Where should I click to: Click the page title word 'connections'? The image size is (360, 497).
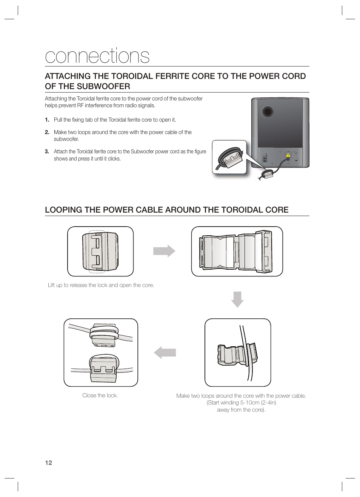coord(97,56)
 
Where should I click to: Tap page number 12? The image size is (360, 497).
coord(48,463)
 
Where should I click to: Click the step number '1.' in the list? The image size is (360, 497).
coord(47,120)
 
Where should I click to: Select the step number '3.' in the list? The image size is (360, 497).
coord(47,151)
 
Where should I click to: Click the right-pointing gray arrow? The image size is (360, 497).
coord(164,251)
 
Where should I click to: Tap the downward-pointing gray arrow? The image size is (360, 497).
coord(237,299)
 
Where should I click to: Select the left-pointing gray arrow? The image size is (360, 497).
coord(165,352)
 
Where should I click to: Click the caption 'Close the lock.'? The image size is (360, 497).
coord(100,395)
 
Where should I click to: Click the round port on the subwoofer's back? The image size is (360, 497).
coord(268,111)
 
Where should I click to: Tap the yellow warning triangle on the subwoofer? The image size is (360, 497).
coord(288,155)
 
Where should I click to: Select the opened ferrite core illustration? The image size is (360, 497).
coord(237,251)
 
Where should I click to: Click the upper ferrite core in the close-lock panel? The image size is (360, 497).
coord(103,335)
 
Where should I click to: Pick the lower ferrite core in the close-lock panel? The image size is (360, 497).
coord(103,368)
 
